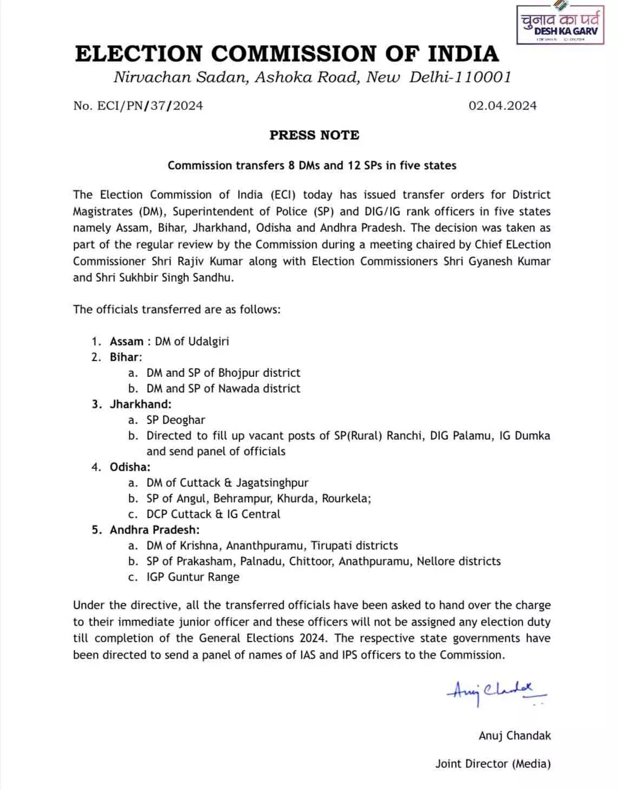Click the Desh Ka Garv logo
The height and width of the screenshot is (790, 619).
tap(560, 25)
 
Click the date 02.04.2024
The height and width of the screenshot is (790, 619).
tap(502, 106)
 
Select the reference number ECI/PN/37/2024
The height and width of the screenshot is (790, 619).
tap(150, 106)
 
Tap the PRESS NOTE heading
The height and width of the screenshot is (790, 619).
tap(314, 135)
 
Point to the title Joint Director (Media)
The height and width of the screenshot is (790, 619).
tap(493, 763)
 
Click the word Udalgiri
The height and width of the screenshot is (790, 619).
tap(208, 341)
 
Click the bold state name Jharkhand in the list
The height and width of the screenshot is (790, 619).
tap(140, 404)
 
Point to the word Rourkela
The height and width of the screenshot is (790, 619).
tap(346, 498)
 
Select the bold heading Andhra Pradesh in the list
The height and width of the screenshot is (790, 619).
tap(154, 530)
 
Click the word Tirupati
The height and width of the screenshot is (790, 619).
tap(333, 545)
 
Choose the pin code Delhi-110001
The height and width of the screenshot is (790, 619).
tap(460, 77)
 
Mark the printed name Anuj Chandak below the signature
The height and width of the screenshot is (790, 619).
tap(515, 735)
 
